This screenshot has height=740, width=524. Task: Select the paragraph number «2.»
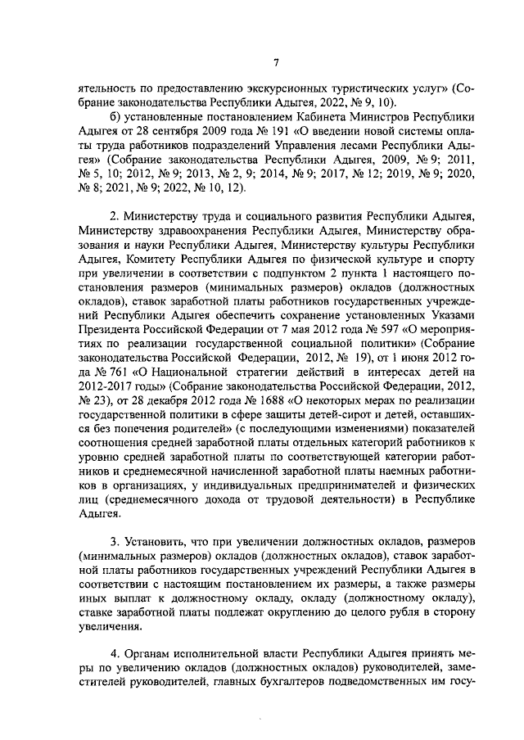pos(115,215)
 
